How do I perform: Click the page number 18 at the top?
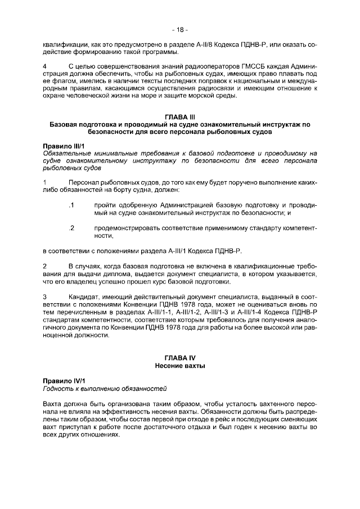tap(180, 29)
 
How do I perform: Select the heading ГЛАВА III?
tap(180, 116)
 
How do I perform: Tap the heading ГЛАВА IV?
tap(180, 358)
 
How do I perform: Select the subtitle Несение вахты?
tap(180, 366)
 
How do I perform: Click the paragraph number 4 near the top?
tap(44, 67)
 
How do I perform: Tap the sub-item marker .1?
tap(71, 205)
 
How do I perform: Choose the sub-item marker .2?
tap(71, 228)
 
